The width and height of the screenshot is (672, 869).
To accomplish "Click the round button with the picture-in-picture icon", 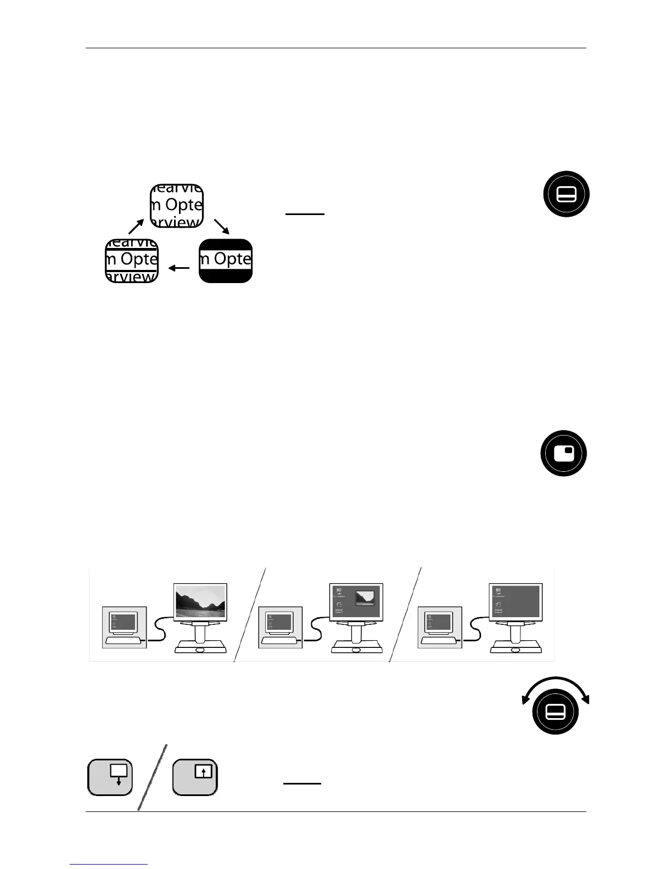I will tap(564, 453).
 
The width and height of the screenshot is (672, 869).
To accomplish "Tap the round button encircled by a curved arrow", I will tap(556, 712).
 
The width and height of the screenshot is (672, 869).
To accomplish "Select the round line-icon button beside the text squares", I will tap(566, 194).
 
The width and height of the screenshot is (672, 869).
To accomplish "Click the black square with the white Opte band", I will tap(226, 261).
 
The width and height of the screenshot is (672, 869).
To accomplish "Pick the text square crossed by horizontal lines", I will tap(132, 261).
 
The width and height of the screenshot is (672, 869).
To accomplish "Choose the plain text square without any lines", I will tap(177, 206).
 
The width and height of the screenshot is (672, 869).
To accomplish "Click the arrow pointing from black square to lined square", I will tap(179, 268).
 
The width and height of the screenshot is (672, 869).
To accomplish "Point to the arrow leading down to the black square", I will tap(222, 226).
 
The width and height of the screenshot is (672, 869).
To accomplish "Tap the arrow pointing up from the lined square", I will tap(136, 226).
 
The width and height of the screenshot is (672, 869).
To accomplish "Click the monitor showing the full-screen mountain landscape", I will tap(200, 601).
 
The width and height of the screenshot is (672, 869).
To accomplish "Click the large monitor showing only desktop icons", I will tap(515, 601).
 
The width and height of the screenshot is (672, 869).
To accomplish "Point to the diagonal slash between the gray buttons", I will tap(152, 777).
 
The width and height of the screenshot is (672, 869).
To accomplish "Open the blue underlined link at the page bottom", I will tap(109, 865).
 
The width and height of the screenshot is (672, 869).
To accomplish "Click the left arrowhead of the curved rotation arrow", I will tap(525, 698).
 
